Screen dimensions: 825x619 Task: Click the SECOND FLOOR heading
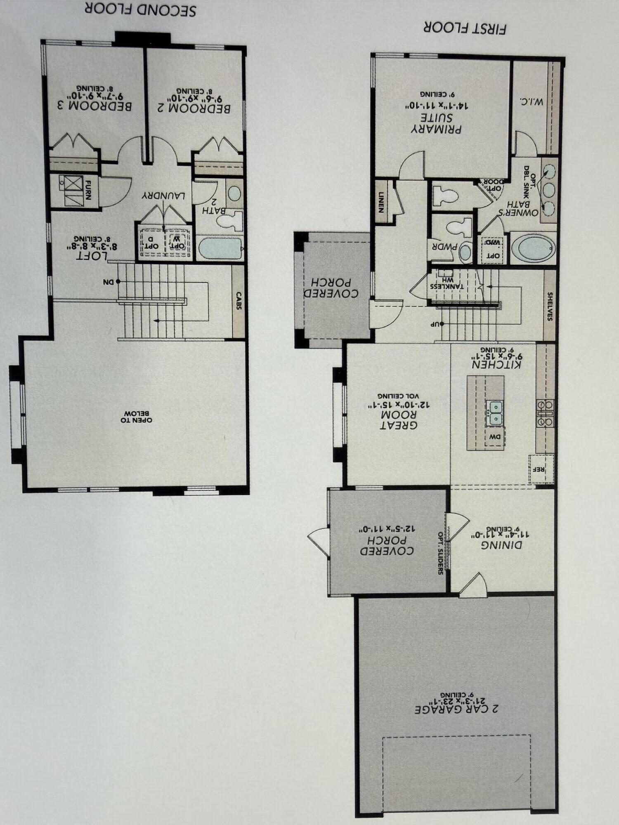click(x=140, y=9)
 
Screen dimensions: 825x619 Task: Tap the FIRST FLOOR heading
click(x=465, y=28)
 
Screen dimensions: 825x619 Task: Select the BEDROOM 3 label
click(x=95, y=105)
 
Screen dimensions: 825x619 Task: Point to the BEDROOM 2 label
click(x=194, y=108)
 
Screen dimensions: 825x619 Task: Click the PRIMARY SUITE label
click(x=436, y=123)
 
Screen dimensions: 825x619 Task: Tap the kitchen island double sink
click(x=494, y=413)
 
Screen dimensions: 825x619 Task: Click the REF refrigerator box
click(x=541, y=469)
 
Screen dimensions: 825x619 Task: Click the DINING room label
click(x=501, y=544)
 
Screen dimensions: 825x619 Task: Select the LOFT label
click(x=92, y=255)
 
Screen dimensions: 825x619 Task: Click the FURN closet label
click(x=88, y=189)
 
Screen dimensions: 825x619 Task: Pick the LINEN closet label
click(x=380, y=202)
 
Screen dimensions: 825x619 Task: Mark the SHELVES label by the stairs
click(x=549, y=306)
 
